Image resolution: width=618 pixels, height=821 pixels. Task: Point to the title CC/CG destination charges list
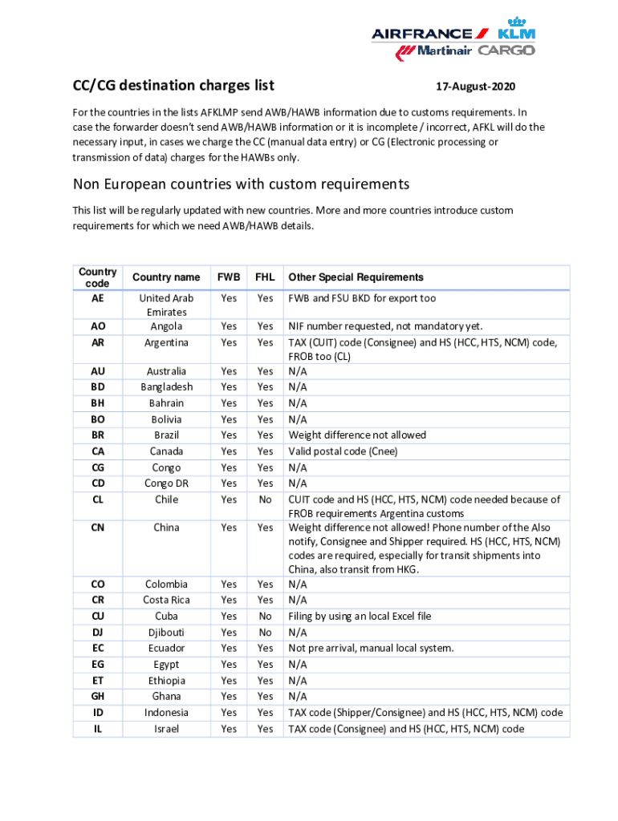click(173, 85)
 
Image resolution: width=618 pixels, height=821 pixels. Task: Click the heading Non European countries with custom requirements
click(241, 184)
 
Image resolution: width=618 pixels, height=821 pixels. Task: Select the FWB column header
click(229, 277)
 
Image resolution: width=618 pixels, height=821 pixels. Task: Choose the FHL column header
click(265, 277)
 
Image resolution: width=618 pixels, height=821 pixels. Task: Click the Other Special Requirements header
click(356, 277)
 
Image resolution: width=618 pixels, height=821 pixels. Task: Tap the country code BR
click(97, 435)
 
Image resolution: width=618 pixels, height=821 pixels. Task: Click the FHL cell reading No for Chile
click(265, 499)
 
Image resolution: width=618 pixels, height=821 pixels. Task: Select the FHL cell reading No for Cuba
click(265, 617)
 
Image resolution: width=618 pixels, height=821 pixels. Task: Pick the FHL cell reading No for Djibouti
click(265, 633)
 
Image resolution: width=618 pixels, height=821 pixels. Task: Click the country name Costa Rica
click(167, 601)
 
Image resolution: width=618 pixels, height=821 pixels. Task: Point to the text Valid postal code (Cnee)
click(343, 451)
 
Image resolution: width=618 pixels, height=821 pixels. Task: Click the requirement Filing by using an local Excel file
click(360, 617)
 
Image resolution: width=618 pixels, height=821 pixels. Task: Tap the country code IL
click(97, 729)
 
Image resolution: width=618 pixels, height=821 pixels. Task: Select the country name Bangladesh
click(167, 387)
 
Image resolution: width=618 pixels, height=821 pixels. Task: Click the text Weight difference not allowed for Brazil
click(357, 435)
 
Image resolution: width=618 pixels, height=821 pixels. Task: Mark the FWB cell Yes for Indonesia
click(229, 713)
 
